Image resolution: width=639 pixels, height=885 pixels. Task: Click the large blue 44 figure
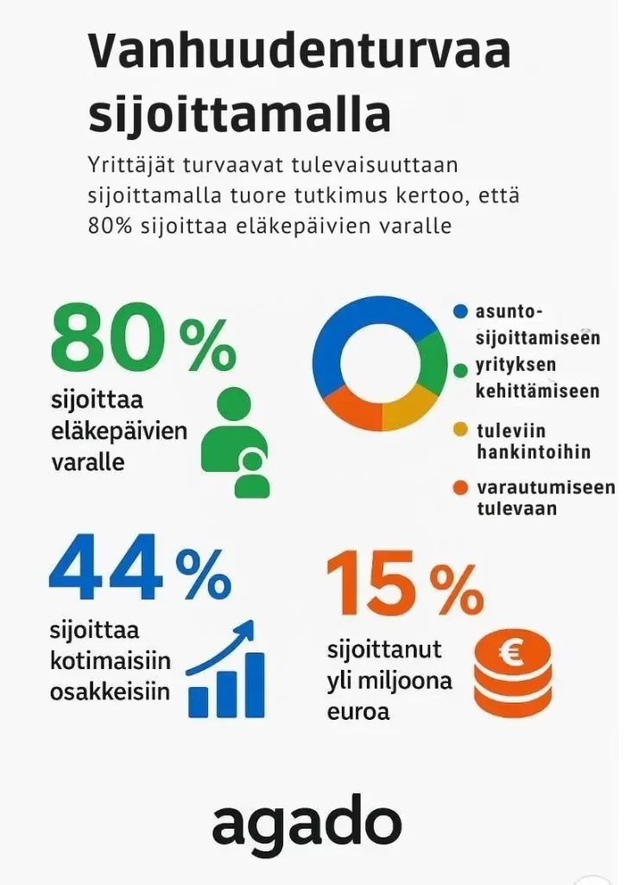click(105, 568)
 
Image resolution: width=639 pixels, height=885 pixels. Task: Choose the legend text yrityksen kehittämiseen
click(537, 379)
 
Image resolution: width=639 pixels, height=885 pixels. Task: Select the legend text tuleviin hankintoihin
click(534, 441)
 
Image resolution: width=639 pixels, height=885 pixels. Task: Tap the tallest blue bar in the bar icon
click(254, 684)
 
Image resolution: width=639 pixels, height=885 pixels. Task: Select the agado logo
click(307, 825)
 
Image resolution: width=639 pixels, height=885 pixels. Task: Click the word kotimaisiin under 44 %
click(110, 662)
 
